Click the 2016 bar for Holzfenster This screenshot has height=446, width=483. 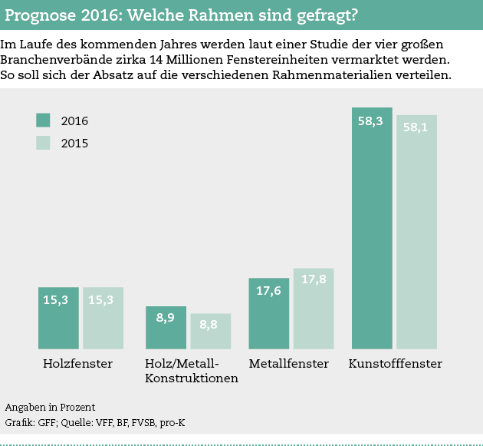coord(58,319)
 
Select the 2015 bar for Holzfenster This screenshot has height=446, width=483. coord(103,319)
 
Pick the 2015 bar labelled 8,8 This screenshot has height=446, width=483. coord(210,332)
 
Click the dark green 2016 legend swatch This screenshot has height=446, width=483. coord(43,120)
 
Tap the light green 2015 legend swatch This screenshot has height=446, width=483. coord(43,142)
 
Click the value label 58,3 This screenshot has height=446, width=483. coord(370,121)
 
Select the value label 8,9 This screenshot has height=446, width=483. coord(166,317)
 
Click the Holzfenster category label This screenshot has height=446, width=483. coord(78,364)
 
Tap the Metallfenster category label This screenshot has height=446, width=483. coord(289,364)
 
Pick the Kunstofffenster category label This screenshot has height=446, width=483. coord(396,364)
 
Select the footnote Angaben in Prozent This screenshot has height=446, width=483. coord(50,407)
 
